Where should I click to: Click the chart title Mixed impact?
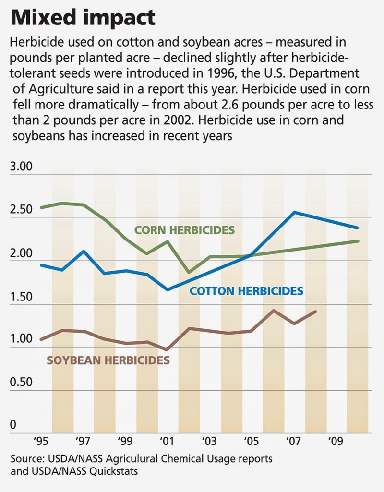tap(83, 18)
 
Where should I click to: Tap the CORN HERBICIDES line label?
tap(184, 230)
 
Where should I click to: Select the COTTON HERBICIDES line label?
tap(246, 291)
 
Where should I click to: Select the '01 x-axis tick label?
tap(167, 441)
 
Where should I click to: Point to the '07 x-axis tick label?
tap(294, 441)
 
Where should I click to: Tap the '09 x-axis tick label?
tap(335, 441)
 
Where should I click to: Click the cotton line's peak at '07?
tap(294, 212)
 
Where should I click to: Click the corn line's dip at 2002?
tap(189, 272)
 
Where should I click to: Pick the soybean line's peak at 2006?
tap(273, 310)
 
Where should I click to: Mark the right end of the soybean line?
tap(315, 312)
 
